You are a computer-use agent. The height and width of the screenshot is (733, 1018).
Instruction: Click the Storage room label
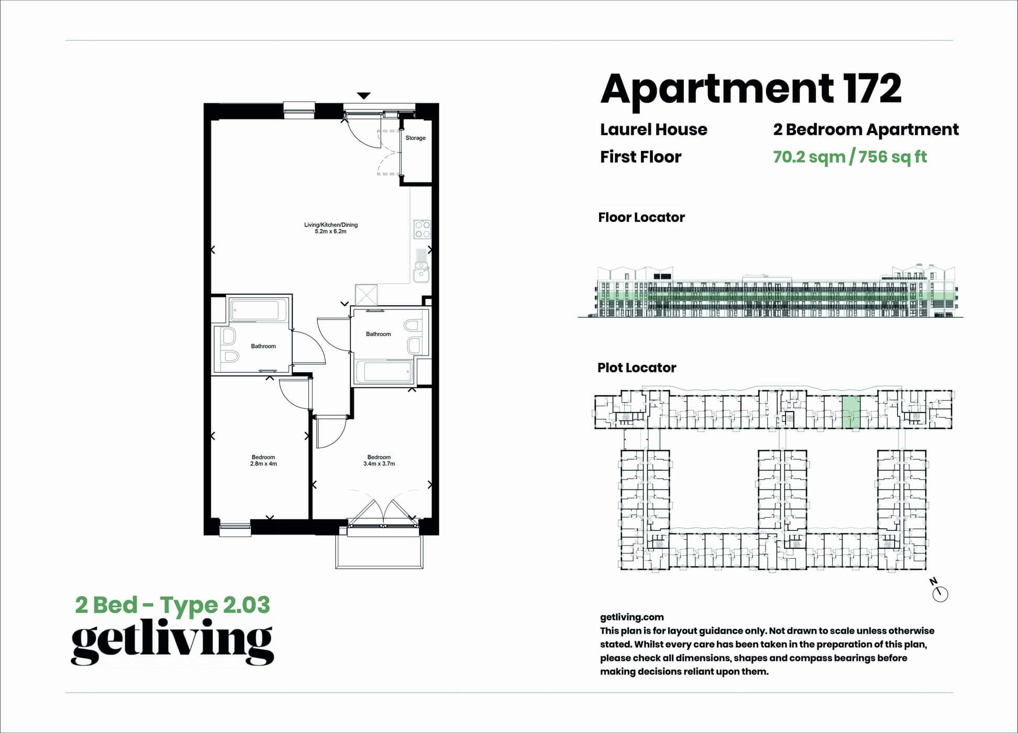[415, 138]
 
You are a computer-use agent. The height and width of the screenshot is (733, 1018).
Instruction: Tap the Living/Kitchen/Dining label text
[331, 225]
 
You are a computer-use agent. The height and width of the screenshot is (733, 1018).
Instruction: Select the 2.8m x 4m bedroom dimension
[263, 464]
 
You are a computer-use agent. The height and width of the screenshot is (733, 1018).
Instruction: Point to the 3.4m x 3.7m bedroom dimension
[379, 464]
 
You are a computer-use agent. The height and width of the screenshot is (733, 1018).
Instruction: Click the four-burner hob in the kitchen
[422, 229]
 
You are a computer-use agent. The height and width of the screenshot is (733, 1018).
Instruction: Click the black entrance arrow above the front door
[364, 96]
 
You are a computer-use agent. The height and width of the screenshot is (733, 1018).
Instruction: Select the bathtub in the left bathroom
[258, 310]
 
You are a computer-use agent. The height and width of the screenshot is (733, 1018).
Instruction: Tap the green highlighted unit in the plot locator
[851, 412]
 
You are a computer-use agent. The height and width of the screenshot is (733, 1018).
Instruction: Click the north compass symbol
[939, 592]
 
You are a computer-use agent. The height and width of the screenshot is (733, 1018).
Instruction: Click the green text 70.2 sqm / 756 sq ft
[850, 157]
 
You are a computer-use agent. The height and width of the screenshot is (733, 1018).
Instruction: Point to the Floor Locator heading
[641, 217]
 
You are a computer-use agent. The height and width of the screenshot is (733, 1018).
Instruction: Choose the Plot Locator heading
[637, 368]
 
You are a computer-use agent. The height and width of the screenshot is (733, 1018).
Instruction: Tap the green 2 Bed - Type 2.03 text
[173, 605]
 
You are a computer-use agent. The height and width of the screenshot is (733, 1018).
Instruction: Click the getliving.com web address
[632, 617]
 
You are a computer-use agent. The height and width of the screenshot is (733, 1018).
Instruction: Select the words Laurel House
[654, 129]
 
